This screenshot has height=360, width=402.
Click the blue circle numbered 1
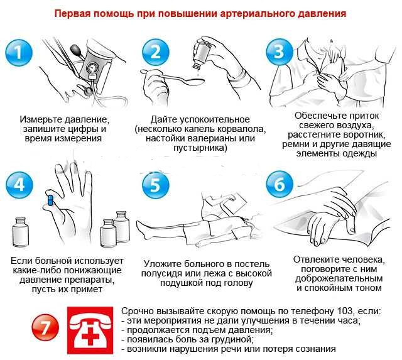click(x=19, y=53)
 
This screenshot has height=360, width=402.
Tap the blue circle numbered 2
click(x=156, y=53)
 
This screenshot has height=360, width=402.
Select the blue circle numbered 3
click(x=280, y=53)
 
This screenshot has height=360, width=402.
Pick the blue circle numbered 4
click(x=19, y=185)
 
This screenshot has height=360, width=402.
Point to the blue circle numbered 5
click(x=156, y=185)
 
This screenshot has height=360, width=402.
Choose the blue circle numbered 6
click(x=280, y=185)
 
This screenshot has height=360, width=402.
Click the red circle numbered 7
click(x=45, y=327)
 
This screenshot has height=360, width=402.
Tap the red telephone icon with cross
click(x=90, y=330)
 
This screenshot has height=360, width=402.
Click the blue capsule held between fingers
click(x=50, y=200)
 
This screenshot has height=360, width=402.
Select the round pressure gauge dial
click(x=92, y=68)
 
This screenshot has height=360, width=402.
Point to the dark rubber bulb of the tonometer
click(x=77, y=50)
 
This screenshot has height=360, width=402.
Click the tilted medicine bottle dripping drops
click(x=202, y=55)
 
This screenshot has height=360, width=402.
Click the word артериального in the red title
click(x=258, y=14)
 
